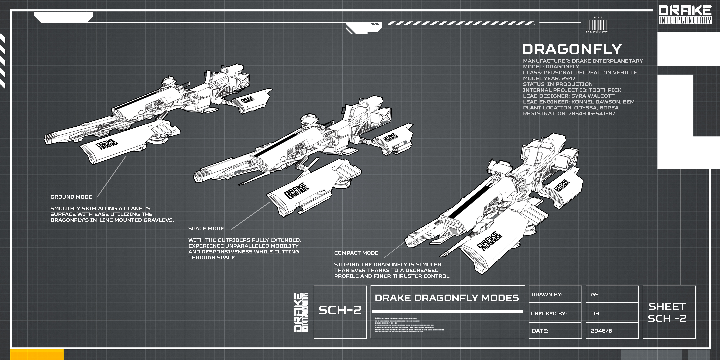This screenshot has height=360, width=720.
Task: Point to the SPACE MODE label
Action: pyautogui.click(x=206, y=228)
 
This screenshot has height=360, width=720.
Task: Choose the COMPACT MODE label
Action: pyautogui.click(x=356, y=253)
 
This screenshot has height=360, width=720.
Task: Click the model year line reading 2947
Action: pyautogui.click(x=549, y=78)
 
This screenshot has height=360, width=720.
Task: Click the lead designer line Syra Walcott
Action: pyautogui.click(x=568, y=96)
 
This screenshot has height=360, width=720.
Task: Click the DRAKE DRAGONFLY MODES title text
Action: pyautogui.click(x=447, y=298)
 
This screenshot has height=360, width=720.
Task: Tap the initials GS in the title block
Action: pyautogui.click(x=595, y=295)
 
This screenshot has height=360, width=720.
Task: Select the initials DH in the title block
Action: pyautogui.click(x=595, y=314)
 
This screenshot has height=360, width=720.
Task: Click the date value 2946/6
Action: pyautogui.click(x=601, y=331)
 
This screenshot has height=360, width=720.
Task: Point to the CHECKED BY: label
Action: pyautogui.click(x=549, y=314)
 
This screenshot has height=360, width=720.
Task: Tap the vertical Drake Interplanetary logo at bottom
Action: pyautogui.click(x=301, y=312)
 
